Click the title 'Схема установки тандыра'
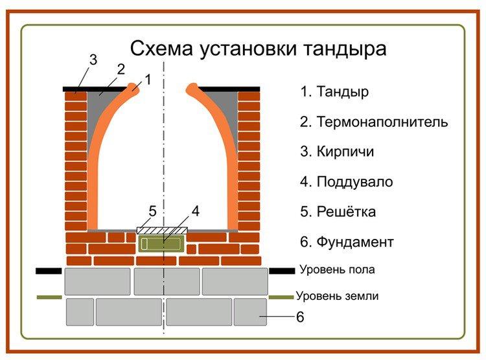pos(259,49)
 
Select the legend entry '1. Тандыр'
pos(334,91)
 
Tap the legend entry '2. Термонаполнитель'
pos(374,122)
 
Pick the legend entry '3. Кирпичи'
pos(337,152)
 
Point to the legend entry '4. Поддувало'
pos(346,182)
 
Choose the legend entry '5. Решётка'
pos(338,212)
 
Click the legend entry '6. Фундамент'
pos(347,242)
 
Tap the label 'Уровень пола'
pos(337,269)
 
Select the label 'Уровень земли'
pos(338,297)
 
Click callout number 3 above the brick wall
pos(93,60)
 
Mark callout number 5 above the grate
pos(152,211)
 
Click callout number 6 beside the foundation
pos(300,318)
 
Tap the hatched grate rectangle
pos(162,230)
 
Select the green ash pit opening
pos(161,243)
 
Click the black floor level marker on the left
pos(49,271)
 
